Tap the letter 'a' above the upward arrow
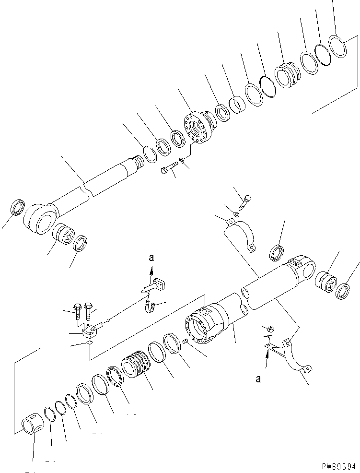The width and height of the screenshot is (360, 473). point(151,258)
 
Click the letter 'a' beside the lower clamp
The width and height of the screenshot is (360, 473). point(258,379)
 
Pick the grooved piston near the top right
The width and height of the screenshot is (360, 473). point(288,75)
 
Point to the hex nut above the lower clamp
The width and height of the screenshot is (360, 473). point(270,329)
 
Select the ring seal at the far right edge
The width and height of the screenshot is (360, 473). point(343,291)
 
